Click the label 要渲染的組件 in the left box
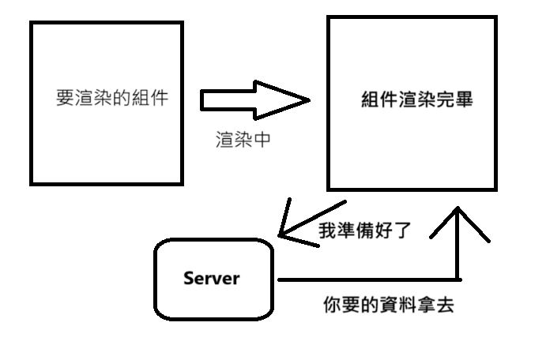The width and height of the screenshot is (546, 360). pyautogui.click(x=112, y=99)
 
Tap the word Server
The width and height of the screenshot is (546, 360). pyautogui.click(x=211, y=278)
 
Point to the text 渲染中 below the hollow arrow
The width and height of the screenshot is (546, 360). pyautogui.click(x=243, y=140)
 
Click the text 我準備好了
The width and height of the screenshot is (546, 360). pyautogui.click(x=365, y=232)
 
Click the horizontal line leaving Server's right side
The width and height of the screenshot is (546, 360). pyautogui.click(x=363, y=279)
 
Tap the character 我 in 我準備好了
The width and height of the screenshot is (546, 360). pyautogui.click(x=327, y=232)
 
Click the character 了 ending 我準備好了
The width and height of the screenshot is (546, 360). pyautogui.click(x=403, y=232)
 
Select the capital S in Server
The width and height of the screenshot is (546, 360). pyautogui.click(x=188, y=278)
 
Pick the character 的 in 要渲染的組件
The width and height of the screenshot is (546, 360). pyautogui.click(x=122, y=99)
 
